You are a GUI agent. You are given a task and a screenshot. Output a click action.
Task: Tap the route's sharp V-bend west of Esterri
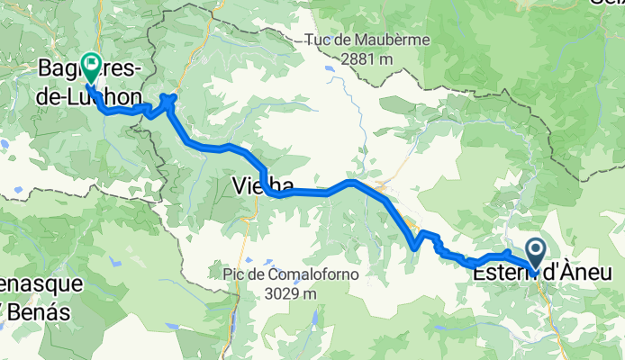pos(415,245)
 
